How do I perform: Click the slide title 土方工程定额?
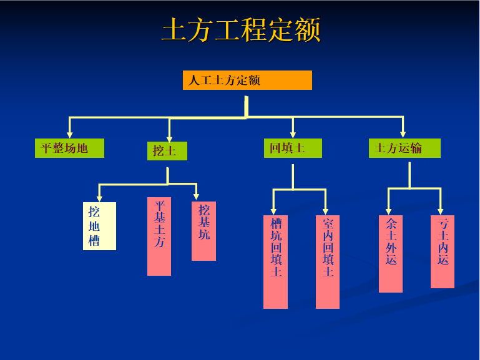[241, 30]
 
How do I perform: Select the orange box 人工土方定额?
[247, 80]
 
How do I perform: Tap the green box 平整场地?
[69, 148]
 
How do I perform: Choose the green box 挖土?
[167, 151]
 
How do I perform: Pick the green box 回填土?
[293, 148]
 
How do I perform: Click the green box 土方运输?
[404, 148]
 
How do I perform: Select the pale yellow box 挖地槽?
[99, 226]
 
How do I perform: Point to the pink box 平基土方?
[159, 236]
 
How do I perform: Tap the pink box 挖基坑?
[203, 231]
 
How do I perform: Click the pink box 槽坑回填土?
[275, 262]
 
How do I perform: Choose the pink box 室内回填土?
[328, 262]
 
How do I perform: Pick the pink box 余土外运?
[391, 254]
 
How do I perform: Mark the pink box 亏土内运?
[443, 251]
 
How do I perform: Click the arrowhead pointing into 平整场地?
[70, 135]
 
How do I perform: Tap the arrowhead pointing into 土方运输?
[403, 135]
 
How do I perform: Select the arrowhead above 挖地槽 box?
[99, 198]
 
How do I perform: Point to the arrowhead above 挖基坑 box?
[196, 197]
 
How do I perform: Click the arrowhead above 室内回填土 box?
[325, 212]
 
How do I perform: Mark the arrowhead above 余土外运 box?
[388, 212]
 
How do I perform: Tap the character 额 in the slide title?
[307, 30]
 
